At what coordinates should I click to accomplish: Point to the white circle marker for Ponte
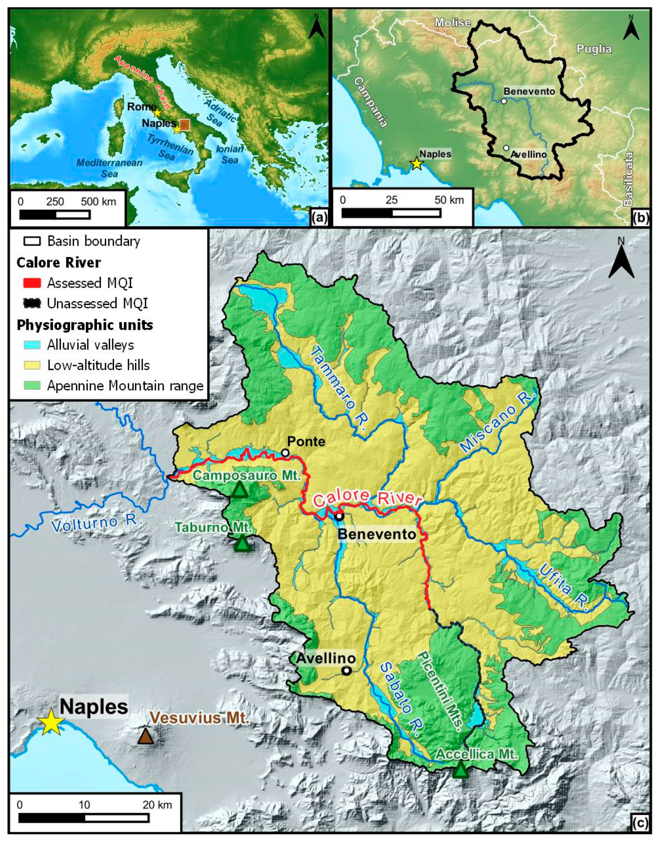tap(285, 453)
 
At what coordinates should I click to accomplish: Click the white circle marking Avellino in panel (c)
tap(347, 671)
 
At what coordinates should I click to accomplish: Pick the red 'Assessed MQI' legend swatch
tap(32, 283)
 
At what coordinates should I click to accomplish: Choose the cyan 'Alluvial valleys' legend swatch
tap(32, 345)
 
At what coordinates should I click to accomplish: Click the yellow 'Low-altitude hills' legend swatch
tap(32, 365)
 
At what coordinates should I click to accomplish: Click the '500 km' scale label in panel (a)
tap(98, 201)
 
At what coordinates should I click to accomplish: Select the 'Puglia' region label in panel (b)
tap(594, 49)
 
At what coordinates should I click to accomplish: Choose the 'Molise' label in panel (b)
tap(453, 23)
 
